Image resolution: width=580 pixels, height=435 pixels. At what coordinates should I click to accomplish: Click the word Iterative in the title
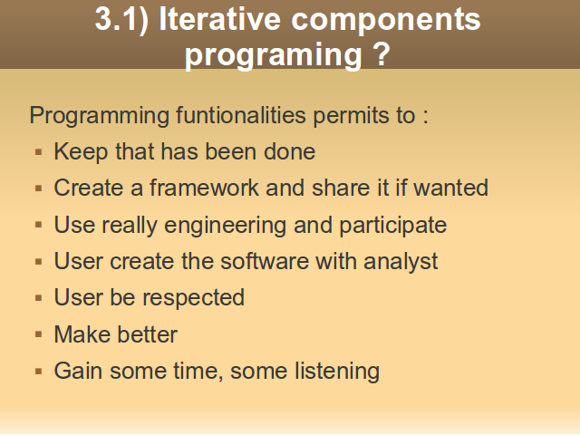[219, 19]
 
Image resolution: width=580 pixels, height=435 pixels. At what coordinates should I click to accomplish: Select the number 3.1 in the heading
[116, 19]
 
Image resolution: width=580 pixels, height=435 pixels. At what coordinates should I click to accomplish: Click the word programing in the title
[273, 56]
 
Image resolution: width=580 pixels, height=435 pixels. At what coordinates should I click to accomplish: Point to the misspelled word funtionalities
[241, 115]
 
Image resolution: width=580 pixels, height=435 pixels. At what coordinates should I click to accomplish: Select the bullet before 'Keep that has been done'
[38, 152]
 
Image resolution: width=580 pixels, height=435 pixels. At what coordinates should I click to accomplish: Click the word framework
[204, 188]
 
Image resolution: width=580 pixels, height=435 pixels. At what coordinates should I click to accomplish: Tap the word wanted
[451, 188]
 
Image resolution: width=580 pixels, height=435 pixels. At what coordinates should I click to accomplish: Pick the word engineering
[225, 226]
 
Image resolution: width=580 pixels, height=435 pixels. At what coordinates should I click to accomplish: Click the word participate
[392, 226]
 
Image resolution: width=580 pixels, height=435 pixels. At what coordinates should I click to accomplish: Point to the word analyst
[401, 262]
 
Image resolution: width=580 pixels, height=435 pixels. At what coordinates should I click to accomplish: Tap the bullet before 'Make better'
[38, 334]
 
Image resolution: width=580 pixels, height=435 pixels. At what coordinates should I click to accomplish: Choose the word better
[148, 334]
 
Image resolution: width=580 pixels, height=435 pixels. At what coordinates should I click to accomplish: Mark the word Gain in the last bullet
[78, 371]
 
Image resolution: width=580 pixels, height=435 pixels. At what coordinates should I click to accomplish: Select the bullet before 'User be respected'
[38, 298]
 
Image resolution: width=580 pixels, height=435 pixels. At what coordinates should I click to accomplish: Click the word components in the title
[386, 21]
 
